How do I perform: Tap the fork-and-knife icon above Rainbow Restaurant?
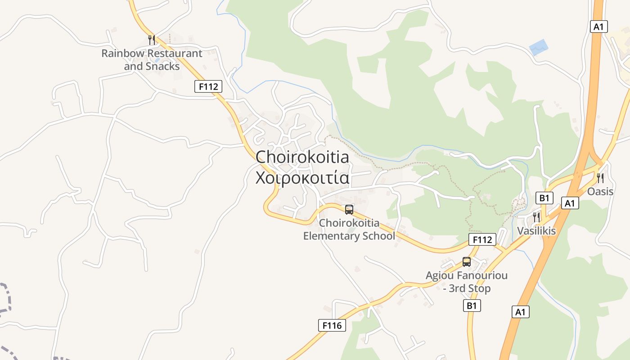(x=152, y=40)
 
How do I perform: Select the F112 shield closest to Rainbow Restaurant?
(x=208, y=86)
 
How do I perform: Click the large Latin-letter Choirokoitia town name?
(x=302, y=157)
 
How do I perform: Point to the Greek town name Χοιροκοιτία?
(x=302, y=178)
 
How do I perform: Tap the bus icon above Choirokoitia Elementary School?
(x=349, y=209)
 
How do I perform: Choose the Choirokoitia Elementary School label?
(x=349, y=229)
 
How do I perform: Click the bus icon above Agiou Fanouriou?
(x=467, y=262)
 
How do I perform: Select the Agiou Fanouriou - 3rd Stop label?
(x=467, y=282)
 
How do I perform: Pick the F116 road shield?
(x=332, y=325)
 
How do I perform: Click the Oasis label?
(x=600, y=192)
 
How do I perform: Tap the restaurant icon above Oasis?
(x=600, y=178)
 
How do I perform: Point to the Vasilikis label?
(x=536, y=231)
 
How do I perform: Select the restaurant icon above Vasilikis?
(x=536, y=217)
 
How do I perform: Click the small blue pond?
(x=539, y=47)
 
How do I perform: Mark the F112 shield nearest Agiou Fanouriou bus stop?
(x=482, y=239)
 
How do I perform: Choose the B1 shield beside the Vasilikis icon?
(x=544, y=198)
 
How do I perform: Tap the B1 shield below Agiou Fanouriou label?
(x=471, y=306)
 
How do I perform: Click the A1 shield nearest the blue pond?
(x=598, y=27)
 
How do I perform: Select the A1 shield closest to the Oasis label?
(x=570, y=203)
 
